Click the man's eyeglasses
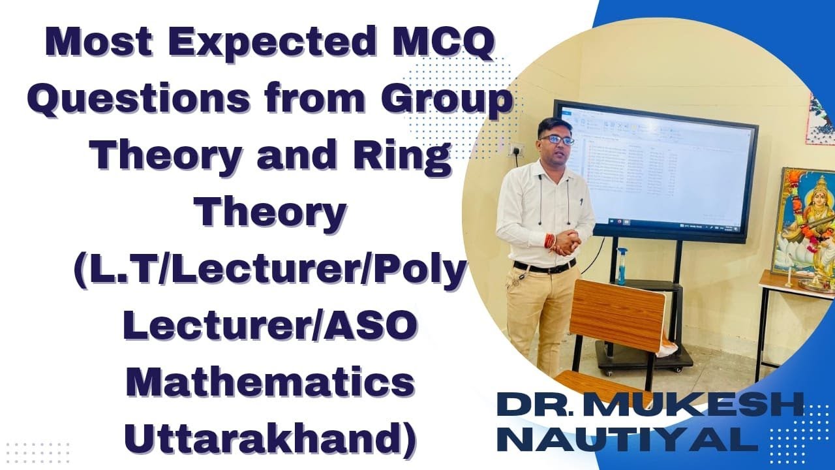click(556, 140)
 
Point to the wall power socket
click(516, 149)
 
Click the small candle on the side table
click(789, 280)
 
